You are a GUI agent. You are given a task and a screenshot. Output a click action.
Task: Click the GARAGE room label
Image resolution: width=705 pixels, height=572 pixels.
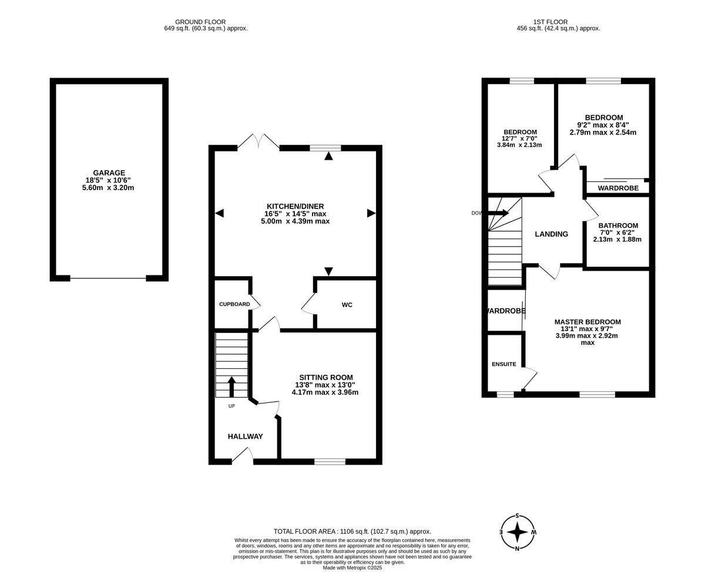point(109,173)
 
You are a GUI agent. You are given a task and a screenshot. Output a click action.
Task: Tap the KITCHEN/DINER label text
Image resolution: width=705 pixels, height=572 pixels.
point(296,206)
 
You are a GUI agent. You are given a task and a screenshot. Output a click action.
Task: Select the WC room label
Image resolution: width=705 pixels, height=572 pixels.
point(347,305)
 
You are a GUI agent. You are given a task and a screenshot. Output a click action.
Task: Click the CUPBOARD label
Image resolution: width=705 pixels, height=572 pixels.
point(234,304)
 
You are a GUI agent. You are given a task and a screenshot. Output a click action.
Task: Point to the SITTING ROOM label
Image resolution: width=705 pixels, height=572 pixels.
point(326,378)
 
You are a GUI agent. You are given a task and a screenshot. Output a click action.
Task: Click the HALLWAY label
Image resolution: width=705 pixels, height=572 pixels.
point(245,436)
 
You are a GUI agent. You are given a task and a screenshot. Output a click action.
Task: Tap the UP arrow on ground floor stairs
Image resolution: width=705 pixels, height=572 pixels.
point(231,387)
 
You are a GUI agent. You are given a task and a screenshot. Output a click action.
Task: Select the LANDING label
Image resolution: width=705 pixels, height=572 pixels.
point(551,234)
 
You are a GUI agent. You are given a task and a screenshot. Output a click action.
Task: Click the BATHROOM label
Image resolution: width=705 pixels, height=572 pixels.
point(618,226)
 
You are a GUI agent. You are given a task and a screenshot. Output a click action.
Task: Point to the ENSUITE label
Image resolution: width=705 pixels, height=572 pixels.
point(503,364)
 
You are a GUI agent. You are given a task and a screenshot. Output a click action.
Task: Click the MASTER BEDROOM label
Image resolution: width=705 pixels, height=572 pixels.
point(587,322)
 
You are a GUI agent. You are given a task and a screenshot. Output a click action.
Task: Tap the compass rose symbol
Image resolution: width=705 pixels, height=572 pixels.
point(518,532)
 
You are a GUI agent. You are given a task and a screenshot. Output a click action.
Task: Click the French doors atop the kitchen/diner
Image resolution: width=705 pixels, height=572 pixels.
point(258,142)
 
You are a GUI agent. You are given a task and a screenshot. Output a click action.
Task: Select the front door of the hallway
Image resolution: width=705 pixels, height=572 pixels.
point(243,456)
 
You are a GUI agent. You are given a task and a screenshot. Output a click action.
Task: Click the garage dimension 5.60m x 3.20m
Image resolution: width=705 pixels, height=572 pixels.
point(109,188)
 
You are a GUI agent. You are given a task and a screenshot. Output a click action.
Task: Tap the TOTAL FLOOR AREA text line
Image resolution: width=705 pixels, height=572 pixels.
point(352,531)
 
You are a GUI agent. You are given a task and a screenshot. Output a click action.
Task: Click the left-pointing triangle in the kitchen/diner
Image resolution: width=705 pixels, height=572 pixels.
point(220,213)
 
